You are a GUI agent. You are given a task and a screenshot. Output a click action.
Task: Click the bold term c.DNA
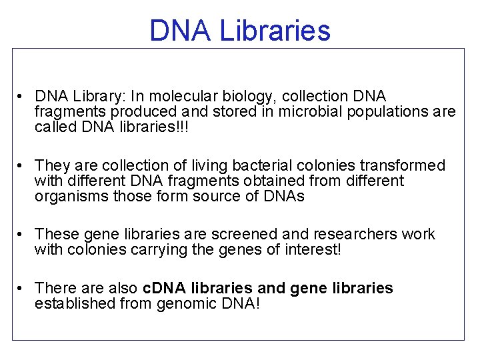pyautogui.click(x=164, y=289)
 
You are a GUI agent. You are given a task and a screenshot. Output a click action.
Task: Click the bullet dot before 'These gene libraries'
pyautogui.click(x=22, y=235)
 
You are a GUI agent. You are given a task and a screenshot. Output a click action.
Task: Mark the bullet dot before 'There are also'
pyautogui.click(x=22, y=289)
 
